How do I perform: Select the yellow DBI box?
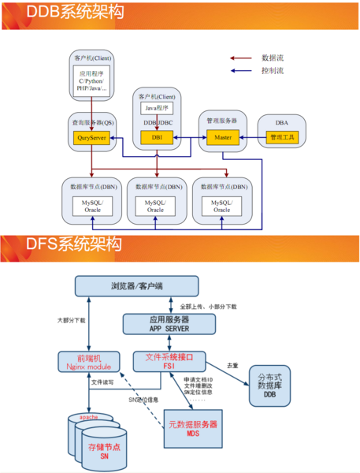point(156,138)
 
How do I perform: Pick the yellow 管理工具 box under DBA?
point(281,138)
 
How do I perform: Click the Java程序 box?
point(156,108)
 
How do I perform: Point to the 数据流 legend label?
point(273,58)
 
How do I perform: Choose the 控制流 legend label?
point(273,70)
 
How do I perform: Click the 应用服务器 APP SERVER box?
point(168,323)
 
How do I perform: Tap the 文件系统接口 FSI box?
point(169,362)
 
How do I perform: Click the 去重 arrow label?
point(232,366)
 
